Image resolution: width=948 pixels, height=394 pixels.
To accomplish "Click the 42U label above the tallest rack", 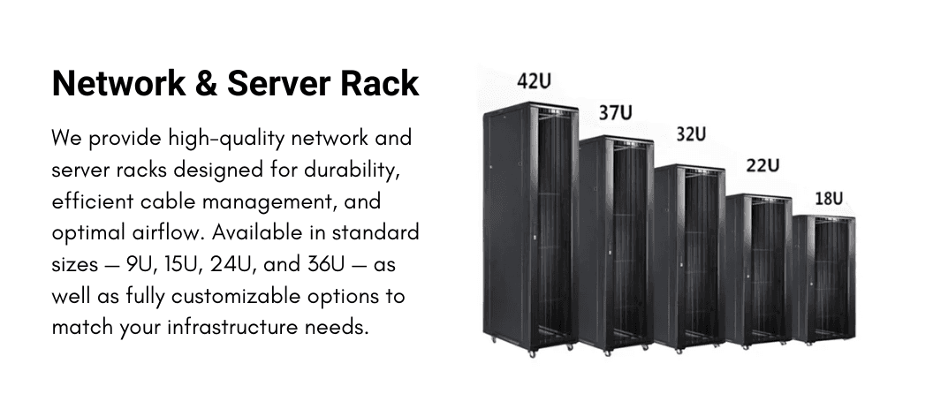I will pos(535,81).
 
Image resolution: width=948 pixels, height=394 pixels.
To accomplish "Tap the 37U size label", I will pos(615,113).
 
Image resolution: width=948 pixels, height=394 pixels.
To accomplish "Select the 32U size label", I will pos(691,134).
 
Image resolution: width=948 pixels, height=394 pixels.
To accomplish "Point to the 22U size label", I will pos(762,165).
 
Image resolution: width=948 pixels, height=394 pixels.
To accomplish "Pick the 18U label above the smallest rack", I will pos(829,198).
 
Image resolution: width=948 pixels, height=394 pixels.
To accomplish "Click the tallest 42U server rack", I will pos(527,230).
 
